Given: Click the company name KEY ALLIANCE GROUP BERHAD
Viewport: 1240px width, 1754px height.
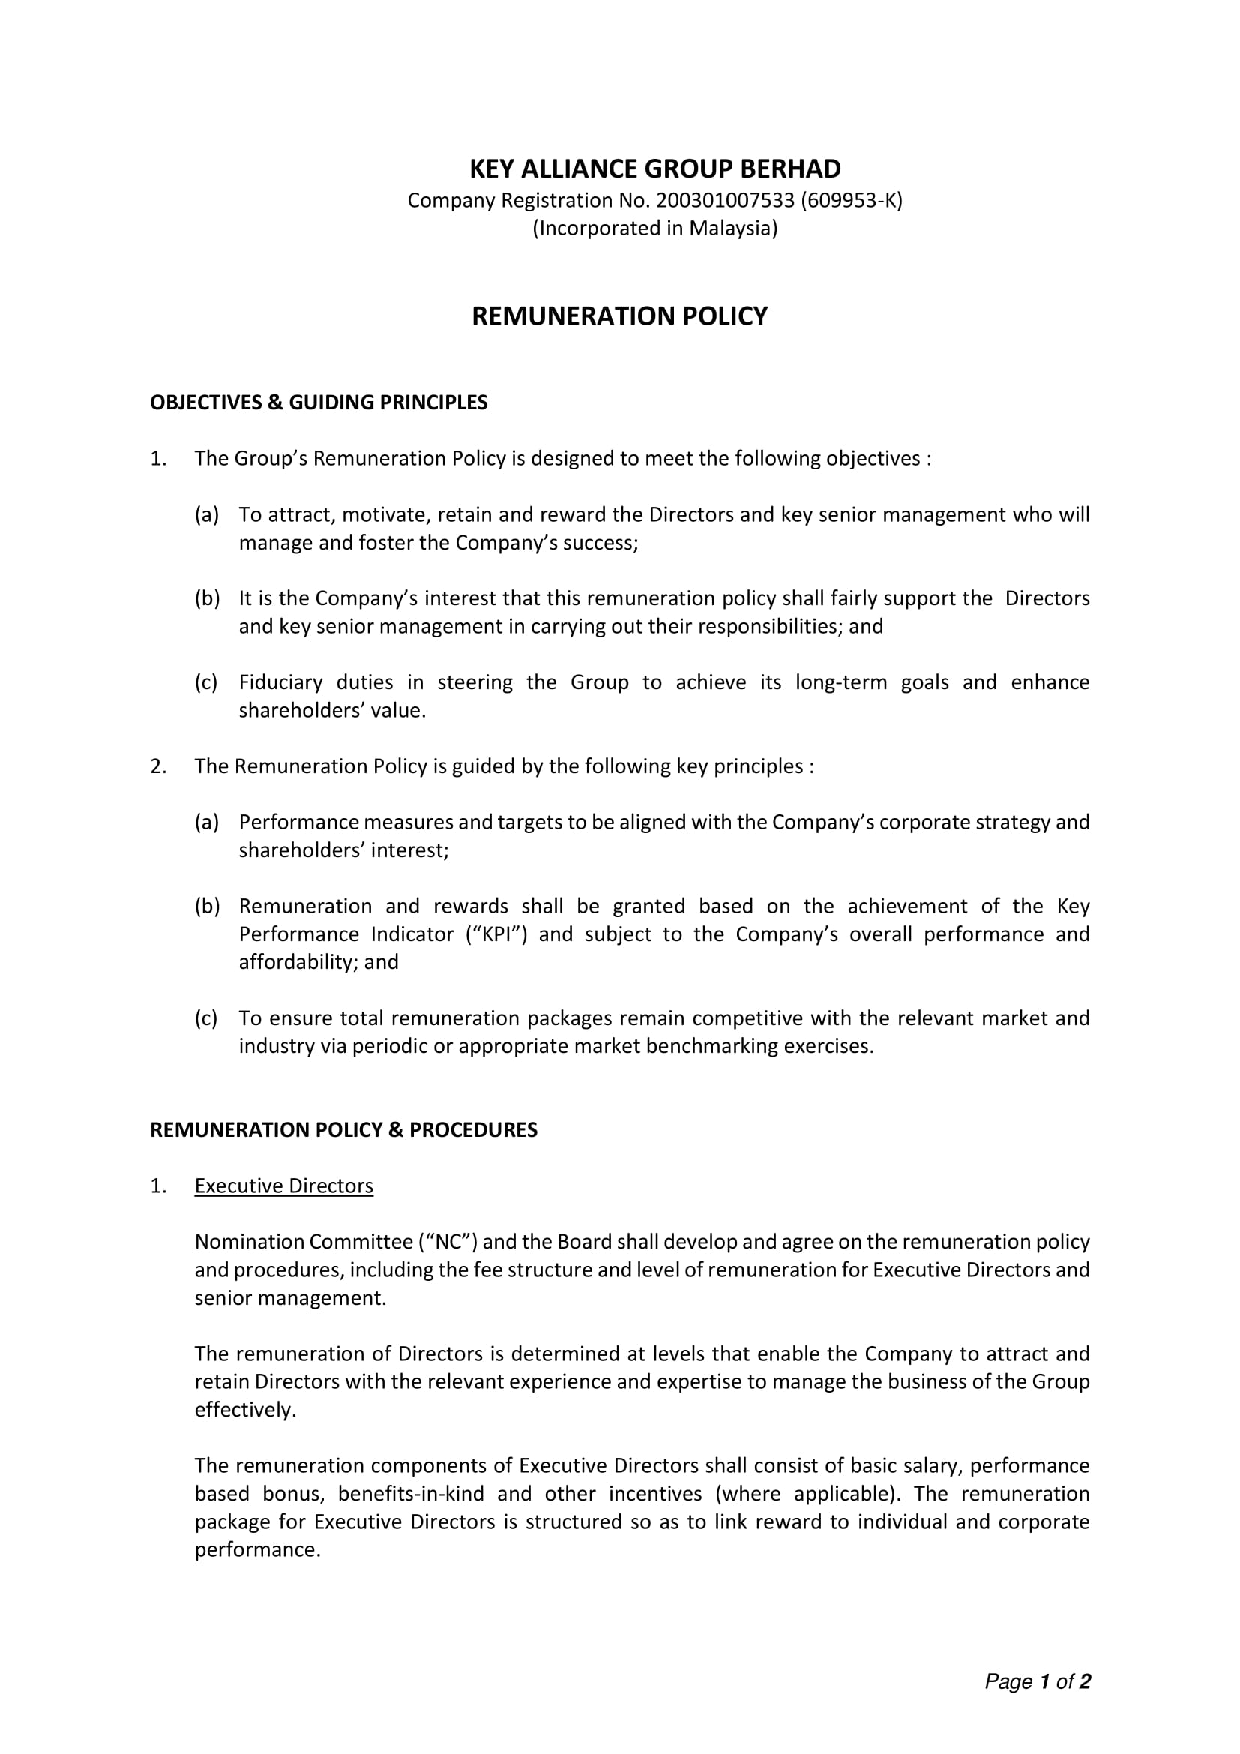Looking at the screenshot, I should click(x=654, y=169).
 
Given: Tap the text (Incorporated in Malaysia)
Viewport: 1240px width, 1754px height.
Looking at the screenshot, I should click(x=654, y=229).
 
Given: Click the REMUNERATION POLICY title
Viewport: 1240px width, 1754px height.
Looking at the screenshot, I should click(x=619, y=316).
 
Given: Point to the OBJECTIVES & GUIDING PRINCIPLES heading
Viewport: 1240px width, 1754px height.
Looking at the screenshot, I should click(x=319, y=403).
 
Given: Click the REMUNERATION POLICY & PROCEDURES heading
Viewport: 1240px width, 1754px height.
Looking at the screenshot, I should click(x=343, y=1130).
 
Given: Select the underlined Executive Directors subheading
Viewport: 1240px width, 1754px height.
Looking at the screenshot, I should click(x=283, y=1186).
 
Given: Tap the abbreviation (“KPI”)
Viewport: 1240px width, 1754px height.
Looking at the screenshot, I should click(x=496, y=934).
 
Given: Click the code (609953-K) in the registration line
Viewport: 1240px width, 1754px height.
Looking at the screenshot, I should click(x=852, y=201).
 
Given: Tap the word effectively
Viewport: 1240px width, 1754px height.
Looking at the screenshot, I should click(x=244, y=1410).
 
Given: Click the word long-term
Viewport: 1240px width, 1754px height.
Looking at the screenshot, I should click(x=840, y=682).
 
